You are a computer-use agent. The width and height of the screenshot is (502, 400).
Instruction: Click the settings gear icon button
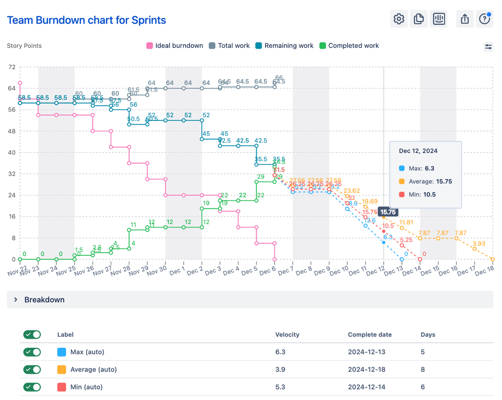pyautogui.click(x=399, y=19)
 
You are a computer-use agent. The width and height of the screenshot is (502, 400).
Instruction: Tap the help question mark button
pyautogui.click(x=484, y=19)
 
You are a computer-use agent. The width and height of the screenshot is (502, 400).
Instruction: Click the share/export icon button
pyautogui.click(x=465, y=19)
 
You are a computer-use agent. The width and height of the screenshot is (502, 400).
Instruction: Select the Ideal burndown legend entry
pyautogui.click(x=175, y=46)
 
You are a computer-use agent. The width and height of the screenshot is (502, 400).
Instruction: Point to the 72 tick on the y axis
pyautogui.click(x=12, y=67)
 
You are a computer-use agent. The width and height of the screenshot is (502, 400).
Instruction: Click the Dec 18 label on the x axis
pyautogui.click(x=484, y=270)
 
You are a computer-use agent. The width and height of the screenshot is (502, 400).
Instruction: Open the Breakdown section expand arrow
pyautogui.click(x=16, y=300)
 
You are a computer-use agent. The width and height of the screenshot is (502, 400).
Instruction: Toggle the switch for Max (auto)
pyautogui.click(x=32, y=352)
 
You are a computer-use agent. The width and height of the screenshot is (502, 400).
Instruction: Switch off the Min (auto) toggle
pyautogui.click(x=32, y=387)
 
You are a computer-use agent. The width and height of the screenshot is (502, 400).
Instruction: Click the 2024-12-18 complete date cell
pyautogui.click(x=367, y=370)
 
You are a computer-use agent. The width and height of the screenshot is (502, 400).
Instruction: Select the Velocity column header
pyautogui.click(x=287, y=335)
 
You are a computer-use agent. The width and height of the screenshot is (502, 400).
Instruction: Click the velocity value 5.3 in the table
pyautogui.click(x=280, y=387)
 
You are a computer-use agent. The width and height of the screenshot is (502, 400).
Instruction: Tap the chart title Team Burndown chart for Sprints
pyautogui.click(x=87, y=20)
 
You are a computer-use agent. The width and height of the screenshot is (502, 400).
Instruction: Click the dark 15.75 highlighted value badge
pyautogui.click(x=388, y=212)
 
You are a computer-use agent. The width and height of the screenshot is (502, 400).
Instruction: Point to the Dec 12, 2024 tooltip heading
pyautogui.click(x=418, y=151)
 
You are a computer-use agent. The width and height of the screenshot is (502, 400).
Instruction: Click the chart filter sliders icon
pyautogui.click(x=488, y=47)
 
